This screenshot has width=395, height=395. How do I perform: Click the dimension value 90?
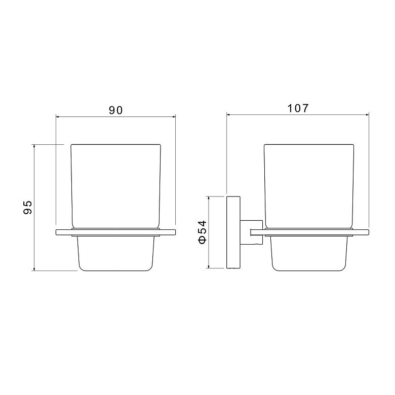pyautogui.click(x=115, y=110)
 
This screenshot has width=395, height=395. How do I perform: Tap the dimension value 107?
pyautogui.click(x=298, y=108)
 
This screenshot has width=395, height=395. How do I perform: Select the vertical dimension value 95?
pyautogui.click(x=27, y=207)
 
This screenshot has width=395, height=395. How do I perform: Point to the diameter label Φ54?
pyautogui.click(x=202, y=232)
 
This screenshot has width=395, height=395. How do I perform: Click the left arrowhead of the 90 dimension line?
pyautogui.click(x=57, y=117)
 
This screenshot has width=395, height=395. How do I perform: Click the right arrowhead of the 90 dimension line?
pyautogui.click(x=174, y=117)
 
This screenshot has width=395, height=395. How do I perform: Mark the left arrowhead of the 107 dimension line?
pyautogui.click(x=228, y=115)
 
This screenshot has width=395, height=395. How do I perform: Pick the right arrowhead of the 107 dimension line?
pyautogui.click(x=367, y=115)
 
